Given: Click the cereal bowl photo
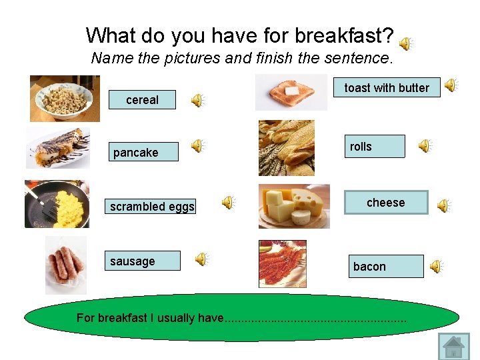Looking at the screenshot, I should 65,99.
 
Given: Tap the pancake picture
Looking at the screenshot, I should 58,148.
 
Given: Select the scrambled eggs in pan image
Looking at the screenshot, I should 57,204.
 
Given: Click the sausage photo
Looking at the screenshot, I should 65,265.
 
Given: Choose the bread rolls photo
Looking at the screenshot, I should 286,148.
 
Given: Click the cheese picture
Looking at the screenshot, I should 294,206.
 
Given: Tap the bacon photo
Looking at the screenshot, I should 283,264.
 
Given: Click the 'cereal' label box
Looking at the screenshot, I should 142,100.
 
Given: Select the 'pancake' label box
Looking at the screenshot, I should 143,153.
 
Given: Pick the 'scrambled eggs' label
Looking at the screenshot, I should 152,207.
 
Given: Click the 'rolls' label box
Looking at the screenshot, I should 377,147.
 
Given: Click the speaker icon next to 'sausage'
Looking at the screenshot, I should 201,259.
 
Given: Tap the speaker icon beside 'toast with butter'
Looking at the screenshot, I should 451,85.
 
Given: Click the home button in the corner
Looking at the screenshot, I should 454,347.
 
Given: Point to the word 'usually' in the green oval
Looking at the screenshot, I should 176,318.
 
